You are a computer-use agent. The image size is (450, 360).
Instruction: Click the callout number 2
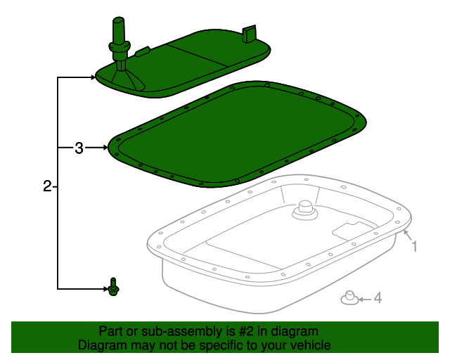[46, 186]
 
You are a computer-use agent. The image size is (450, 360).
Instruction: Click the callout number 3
[79, 148]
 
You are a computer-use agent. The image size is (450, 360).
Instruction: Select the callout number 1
[415, 246]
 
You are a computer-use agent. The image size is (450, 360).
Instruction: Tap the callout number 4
[378, 299]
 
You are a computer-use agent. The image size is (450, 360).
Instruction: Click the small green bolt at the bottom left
[112, 285]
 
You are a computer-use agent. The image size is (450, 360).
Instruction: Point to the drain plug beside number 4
[348, 298]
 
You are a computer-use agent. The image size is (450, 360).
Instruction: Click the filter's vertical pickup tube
[117, 35]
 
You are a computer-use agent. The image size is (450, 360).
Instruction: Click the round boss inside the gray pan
[305, 209]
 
